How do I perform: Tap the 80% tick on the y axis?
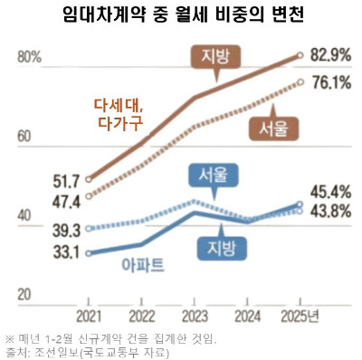[30, 60]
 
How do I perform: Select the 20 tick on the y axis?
[24, 294]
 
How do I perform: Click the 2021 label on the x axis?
[88, 315]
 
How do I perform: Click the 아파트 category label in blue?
[140, 264]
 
